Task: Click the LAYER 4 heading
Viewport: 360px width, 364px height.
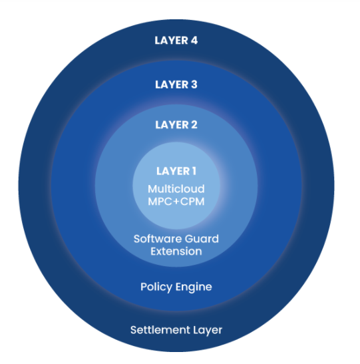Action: coord(176,41)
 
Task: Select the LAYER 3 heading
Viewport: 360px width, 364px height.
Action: coord(176,85)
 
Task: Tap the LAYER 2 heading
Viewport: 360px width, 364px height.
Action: coord(176,125)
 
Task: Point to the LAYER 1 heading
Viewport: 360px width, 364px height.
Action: coord(176,171)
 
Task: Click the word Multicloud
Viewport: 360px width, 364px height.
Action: coord(176,189)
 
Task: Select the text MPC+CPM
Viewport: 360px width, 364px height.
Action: coord(176,202)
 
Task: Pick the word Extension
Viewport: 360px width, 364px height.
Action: coord(176,252)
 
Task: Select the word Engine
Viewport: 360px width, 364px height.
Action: coord(194,287)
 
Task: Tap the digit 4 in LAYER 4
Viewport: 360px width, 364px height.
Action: coord(194,41)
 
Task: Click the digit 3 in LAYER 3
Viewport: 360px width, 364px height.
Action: coord(194,85)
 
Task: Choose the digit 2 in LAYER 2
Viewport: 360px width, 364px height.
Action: coord(194,125)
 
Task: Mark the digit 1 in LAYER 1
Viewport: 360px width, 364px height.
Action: coord(194,171)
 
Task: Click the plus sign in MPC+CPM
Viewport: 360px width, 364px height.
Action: coord(176,202)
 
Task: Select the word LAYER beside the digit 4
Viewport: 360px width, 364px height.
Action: coord(171,41)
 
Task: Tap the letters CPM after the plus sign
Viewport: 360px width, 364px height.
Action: coord(192,202)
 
